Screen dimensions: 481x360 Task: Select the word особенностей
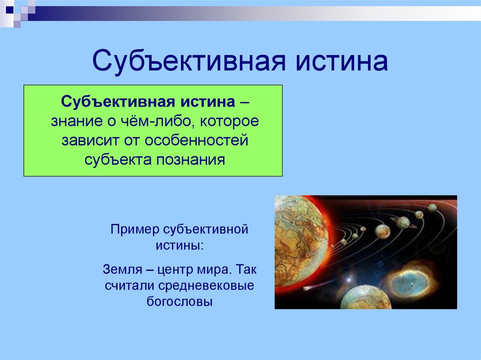click(196, 140)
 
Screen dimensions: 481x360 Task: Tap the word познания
click(191, 160)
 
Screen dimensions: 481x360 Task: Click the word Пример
click(135, 230)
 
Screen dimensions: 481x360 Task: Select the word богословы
click(179, 301)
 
